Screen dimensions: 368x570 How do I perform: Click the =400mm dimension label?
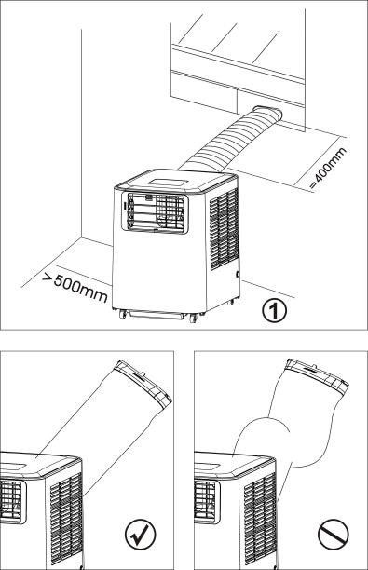click(x=329, y=169)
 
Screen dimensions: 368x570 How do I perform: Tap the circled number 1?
click(x=275, y=311)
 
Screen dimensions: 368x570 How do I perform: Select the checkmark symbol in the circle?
click(x=140, y=535)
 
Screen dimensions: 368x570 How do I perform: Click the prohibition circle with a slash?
click(x=334, y=535)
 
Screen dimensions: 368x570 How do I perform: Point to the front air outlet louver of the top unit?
click(x=155, y=213)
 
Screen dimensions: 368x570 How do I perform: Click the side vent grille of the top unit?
click(x=224, y=228)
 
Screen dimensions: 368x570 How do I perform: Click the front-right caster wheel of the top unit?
click(x=193, y=319)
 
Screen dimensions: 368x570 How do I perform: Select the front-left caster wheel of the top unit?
click(x=123, y=314)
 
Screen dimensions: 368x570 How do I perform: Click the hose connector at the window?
click(x=268, y=114)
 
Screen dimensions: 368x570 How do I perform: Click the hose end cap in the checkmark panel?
click(x=143, y=383)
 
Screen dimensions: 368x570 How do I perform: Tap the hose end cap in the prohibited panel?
click(x=319, y=376)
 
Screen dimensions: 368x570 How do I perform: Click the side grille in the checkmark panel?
click(x=66, y=519)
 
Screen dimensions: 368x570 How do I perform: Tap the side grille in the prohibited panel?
click(x=260, y=521)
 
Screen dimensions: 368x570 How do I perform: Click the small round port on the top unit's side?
click(x=238, y=275)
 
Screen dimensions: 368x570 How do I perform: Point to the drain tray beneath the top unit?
click(x=157, y=315)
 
